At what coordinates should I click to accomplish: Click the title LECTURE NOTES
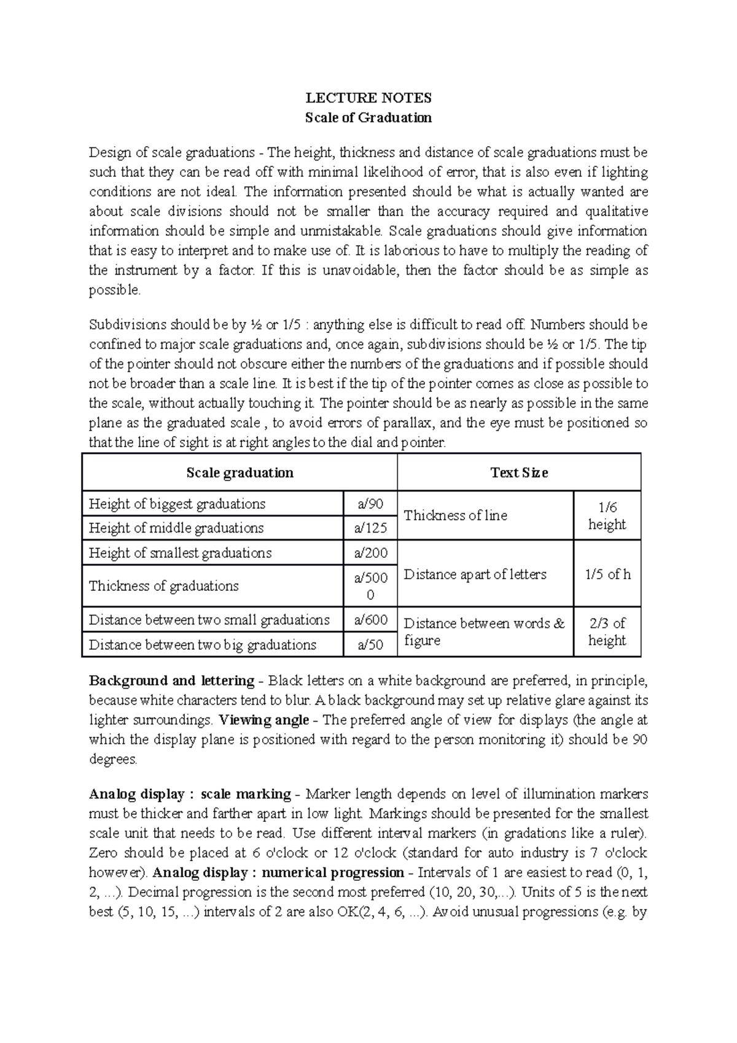pyautogui.click(x=368, y=98)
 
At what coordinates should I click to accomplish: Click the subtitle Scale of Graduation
pyautogui.click(x=368, y=117)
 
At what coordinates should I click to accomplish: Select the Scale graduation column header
pyautogui.click(x=240, y=472)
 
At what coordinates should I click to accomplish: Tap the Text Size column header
pyautogui.click(x=519, y=472)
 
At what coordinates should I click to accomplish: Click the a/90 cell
pyautogui.click(x=370, y=504)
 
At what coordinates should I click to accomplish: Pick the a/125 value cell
pyautogui.click(x=370, y=528)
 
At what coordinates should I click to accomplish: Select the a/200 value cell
pyautogui.click(x=370, y=553)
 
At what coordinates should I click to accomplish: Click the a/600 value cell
pyautogui.click(x=370, y=620)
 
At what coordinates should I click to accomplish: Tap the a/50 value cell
pyautogui.click(x=370, y=644)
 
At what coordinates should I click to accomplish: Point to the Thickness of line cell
pyautogui.click(x=456, y=515)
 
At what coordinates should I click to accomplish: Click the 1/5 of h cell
pyautogui.click(x=607, y=574)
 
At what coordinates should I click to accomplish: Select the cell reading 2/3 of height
pyautogui.click(x=607, y=631)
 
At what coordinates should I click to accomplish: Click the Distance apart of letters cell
pyautogui.click(x=475, y=574)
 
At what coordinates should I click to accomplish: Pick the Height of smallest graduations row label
pyautogui.click(x=180, y=553)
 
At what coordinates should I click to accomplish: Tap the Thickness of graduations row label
pyautogui.click(x=164, y=586)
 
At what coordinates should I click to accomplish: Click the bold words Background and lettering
pyautogui.click(x=171, y=681)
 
